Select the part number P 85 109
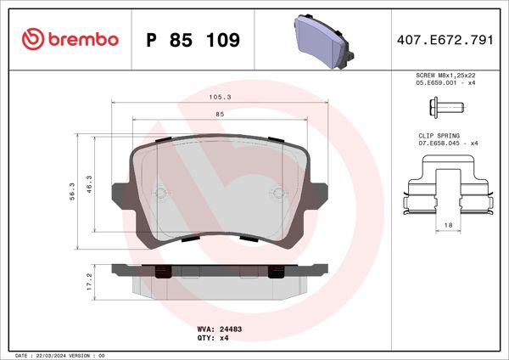pyautogui.click(x=193, y=40)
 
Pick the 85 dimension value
pyautogui.click(x=220, y=114)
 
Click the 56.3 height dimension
pyautogui.click(x=74, y=191)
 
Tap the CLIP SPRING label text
pyautogui.click(x=439, y=135)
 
